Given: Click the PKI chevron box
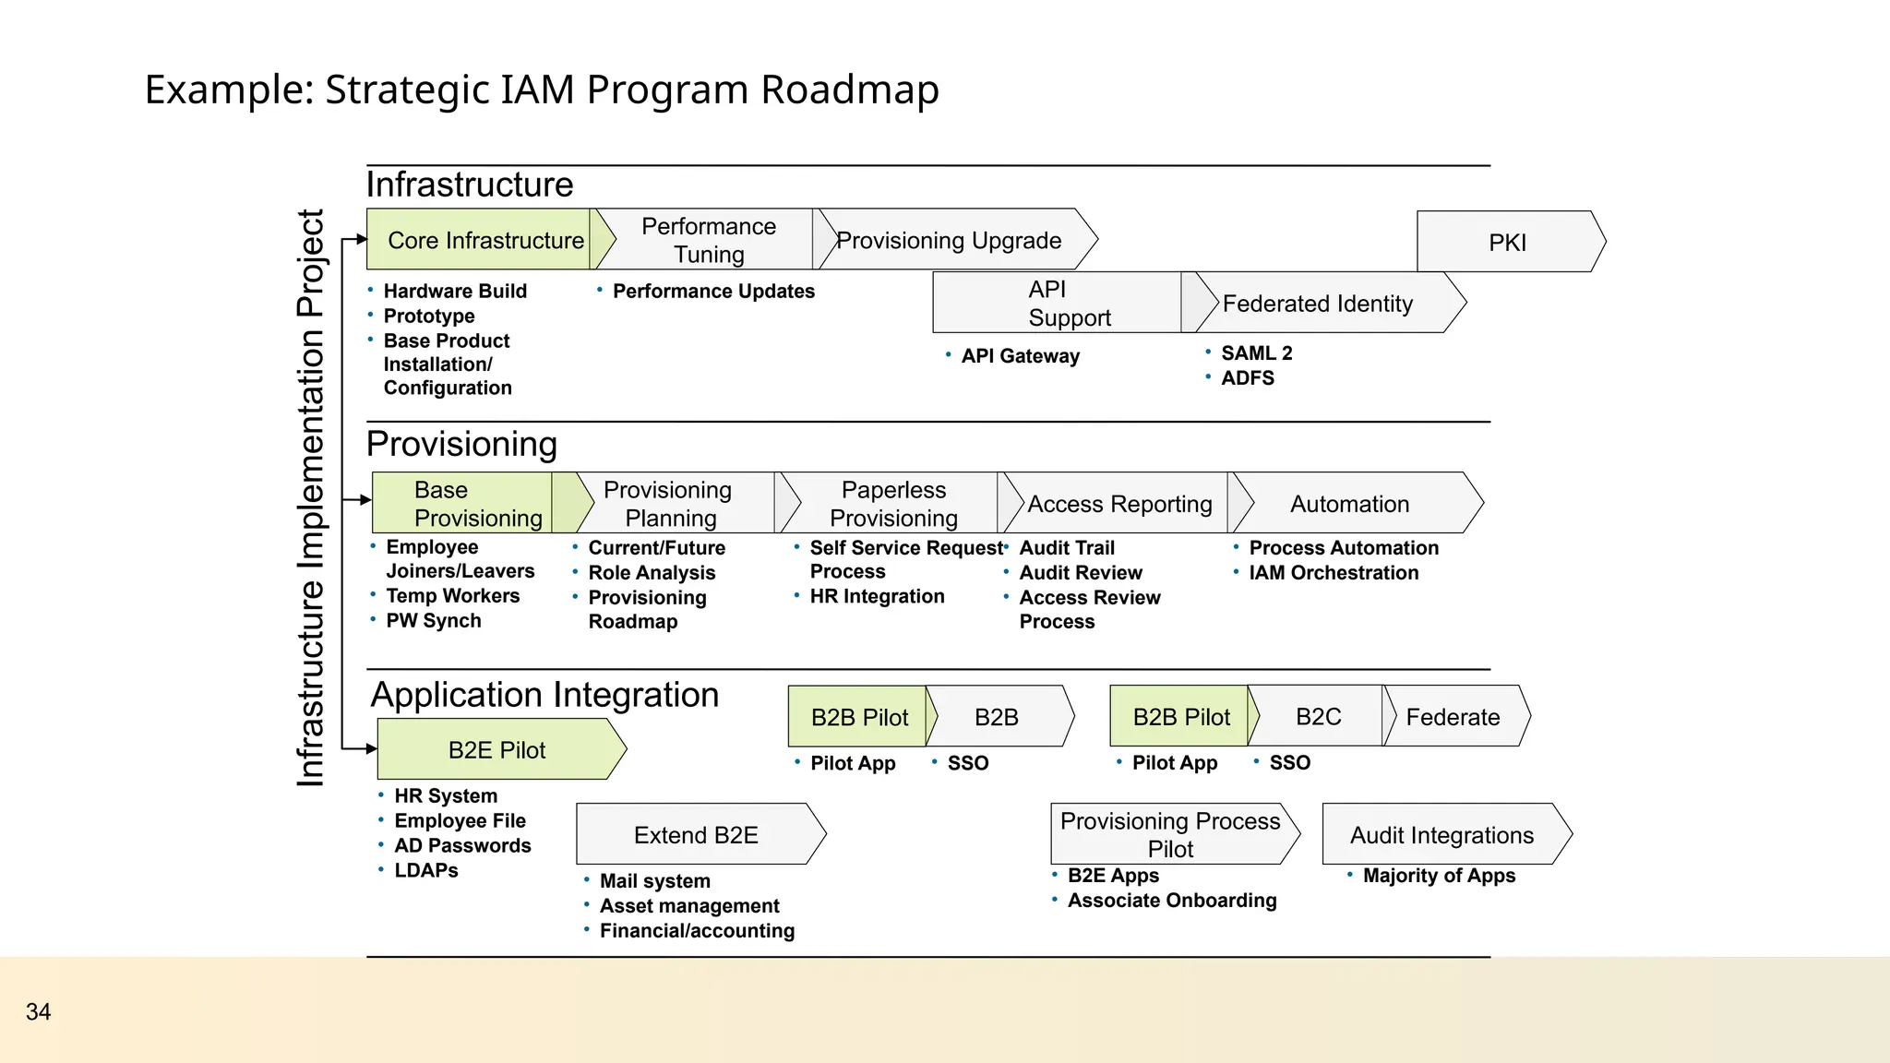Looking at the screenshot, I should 1508,242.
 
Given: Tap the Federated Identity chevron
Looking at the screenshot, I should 1320,304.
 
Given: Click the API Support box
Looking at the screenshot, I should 1058,303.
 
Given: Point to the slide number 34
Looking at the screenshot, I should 38,1011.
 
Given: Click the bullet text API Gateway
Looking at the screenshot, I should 1019,356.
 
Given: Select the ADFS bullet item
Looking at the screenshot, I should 1247,378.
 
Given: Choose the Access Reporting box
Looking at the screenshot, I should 1118,504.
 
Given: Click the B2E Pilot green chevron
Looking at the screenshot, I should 497,749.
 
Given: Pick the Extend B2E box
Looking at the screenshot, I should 696,834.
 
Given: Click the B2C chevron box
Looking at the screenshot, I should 1318,717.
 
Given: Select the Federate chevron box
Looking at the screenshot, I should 1453,717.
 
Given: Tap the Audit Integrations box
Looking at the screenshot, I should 1441,834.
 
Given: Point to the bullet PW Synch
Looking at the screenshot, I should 433,621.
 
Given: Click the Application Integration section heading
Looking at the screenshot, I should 544,695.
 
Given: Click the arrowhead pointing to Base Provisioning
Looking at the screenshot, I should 365,500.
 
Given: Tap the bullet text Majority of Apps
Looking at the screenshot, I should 1438,876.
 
